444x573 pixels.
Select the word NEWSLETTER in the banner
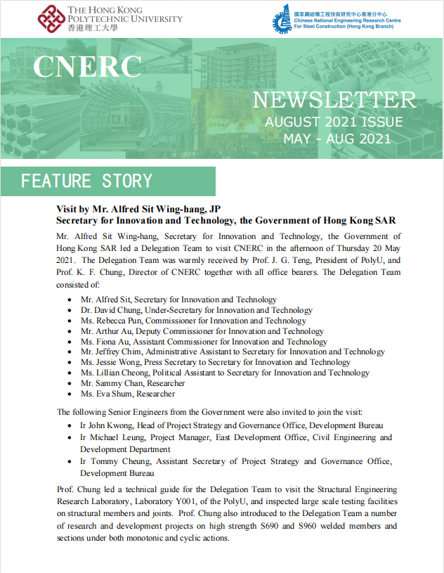tap(334, 101)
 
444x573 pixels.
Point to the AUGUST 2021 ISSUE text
tap(334, 122)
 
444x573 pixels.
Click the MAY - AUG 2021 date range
tap(337, 139)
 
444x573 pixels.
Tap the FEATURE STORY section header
tap(86, 181)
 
